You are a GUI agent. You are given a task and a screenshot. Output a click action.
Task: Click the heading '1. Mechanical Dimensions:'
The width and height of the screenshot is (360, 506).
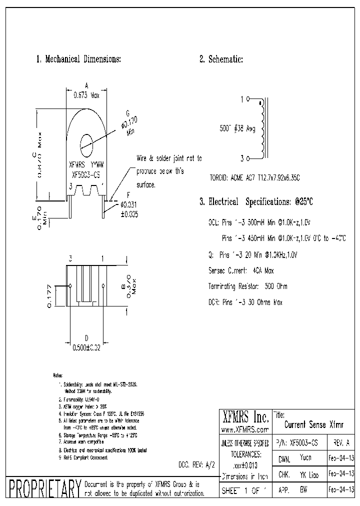point(78,59)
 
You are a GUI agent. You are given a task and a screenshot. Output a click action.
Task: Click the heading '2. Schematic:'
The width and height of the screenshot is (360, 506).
point(221,59)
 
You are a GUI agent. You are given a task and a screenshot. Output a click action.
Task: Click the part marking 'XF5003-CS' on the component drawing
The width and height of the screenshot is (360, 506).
point(86,174)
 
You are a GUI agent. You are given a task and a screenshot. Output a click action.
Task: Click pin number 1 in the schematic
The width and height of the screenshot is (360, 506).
point(242,99)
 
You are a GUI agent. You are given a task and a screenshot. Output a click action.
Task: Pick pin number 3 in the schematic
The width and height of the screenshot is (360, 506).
point(242,158)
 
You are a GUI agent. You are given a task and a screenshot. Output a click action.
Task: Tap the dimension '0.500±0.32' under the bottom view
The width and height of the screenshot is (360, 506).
point(87,348)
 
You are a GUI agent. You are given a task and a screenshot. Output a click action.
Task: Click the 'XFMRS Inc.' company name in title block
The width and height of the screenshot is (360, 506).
point(244,417)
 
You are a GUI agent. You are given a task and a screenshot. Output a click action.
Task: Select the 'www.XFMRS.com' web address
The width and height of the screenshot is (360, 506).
point(244,429)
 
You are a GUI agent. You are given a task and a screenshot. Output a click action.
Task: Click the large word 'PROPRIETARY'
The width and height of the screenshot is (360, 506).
point(42,488)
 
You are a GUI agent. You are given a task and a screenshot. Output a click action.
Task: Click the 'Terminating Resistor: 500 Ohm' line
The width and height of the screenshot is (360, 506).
point(247,286)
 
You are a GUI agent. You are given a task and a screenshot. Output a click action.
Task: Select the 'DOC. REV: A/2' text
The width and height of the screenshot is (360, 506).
point(196,464)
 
